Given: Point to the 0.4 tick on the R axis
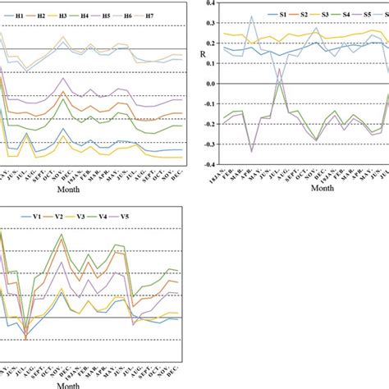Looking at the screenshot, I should click(209, 3).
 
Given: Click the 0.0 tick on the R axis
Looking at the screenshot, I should click(209, 84).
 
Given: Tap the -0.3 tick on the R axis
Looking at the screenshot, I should click(208, 144).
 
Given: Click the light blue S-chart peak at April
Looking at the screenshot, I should click(251, 16).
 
